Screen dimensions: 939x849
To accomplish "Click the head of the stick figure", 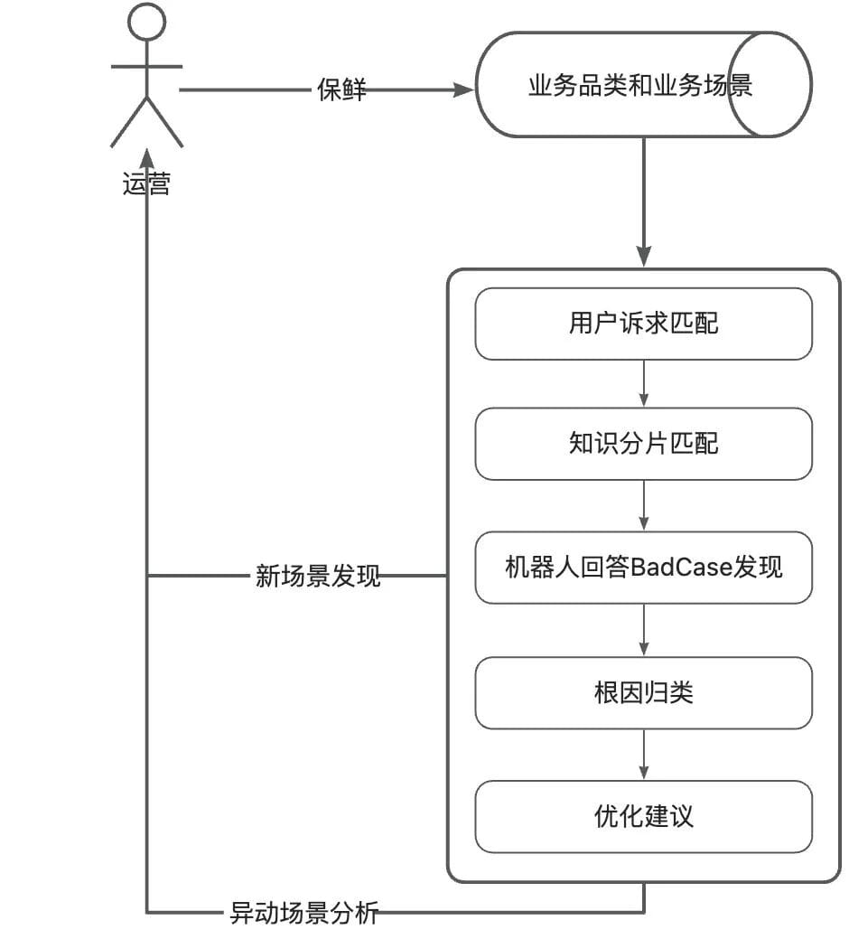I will (x=146, y=22).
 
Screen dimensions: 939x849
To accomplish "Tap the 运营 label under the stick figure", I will (x=146, y=184).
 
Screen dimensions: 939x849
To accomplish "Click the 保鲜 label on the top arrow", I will (x=341, y=89).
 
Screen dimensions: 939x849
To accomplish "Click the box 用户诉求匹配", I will (x=643, y=324).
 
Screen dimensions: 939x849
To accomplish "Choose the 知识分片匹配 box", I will (x=643, y=444).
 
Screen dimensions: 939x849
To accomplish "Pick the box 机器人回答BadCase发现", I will (x=643, y=568).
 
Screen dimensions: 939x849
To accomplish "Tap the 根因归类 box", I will (x=643, y=692).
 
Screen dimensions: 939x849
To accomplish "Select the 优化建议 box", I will (x=643, y=816).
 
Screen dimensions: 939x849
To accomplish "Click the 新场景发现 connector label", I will (x=318, y=576).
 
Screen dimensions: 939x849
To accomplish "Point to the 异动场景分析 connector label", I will (x=303, y=913).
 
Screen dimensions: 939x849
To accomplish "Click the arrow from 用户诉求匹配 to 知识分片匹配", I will (x=644, y=383).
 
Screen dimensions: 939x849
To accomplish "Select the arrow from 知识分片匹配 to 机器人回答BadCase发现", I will (x=644, y=505).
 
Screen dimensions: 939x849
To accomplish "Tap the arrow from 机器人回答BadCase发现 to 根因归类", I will (x=644, y=629).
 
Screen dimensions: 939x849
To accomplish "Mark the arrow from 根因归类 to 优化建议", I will (x=644, y=754).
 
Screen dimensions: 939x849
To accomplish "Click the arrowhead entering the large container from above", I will (x=644, y=257).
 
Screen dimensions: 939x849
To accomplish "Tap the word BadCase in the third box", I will (x=680, y=568).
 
